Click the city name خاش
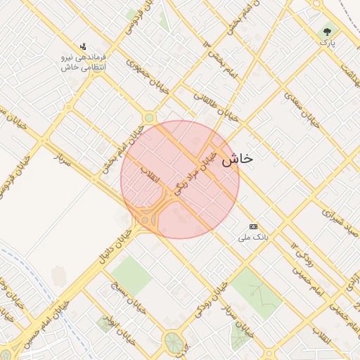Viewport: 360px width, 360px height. coord(237,160)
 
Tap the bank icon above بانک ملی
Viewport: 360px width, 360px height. coord(253,226)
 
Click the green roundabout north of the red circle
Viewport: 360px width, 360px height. coord(149,117)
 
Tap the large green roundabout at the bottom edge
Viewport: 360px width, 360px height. coord(172,343)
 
